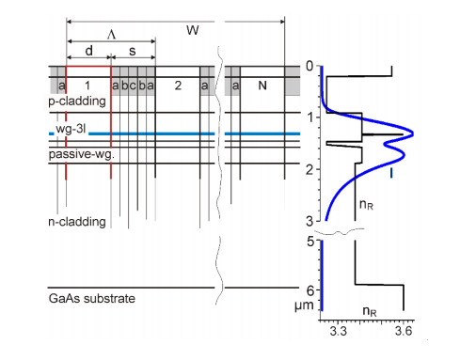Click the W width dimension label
click(192, 30)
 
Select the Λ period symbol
click(111, 35)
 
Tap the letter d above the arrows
click(89, 50)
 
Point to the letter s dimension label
click(133, 51)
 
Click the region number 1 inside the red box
click(87, 86)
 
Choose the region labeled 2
click(178, 86)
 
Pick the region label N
click(262, 86)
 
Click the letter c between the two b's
click(133, 86)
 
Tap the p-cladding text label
click(77, 102)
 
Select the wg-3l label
click(71, 129)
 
